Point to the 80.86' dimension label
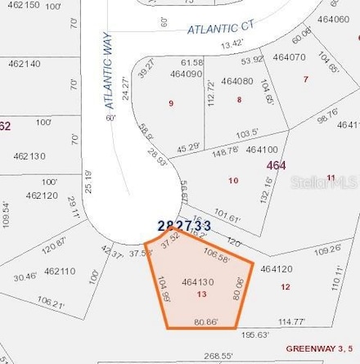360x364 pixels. click(x=205, y=322)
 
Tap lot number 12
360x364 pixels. click(x=284, y=286)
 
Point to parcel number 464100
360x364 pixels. click(x=261, y=150)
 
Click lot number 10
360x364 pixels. click(x=232, y=180)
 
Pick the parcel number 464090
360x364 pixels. click(x=186, y=74)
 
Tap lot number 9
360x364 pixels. click(x=170, y=103)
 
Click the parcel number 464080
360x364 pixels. click(x=236, y=81)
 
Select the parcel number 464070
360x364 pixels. click(x=289, y=57)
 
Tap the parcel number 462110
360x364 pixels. click(x=60, y=271)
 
